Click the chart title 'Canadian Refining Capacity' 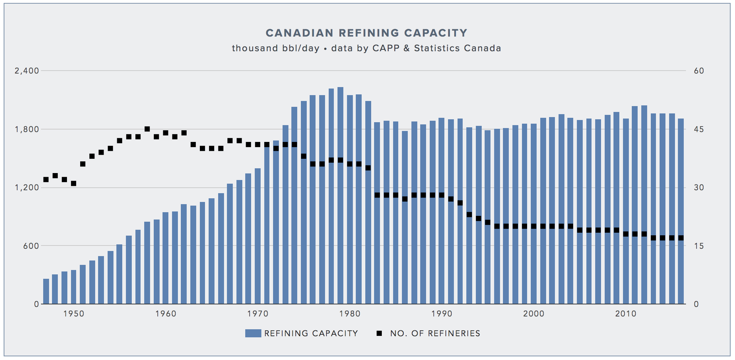[366, 33]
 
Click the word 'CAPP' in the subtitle [386, 48]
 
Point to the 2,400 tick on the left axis [27, 71]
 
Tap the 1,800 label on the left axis [27, 129]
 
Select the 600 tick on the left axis [31, 246]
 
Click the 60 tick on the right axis [699, 71]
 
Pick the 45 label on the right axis [699, 129]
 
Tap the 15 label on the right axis [699, 246]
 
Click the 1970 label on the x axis [258, 314]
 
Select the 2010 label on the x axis [626, 314]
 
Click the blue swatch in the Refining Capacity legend [253, 333]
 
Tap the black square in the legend [379, 333]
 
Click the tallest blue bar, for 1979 [340, 196]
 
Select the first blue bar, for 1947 [46, 291]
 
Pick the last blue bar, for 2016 [681, 211]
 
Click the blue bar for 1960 [165, 258]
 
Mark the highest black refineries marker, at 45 [147, 129]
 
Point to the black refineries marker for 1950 [74, 183]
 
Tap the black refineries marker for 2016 [681, 238]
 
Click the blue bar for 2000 [534, 214]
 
